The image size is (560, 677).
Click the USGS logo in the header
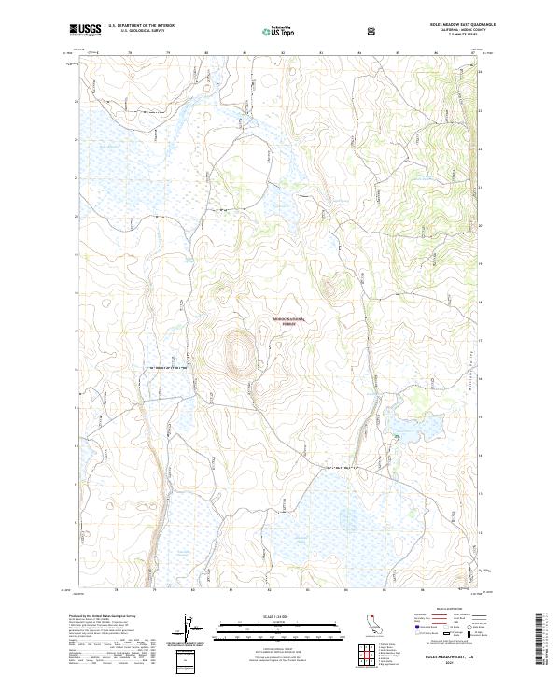[86, 30]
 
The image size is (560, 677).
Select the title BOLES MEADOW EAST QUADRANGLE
[446, 25]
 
